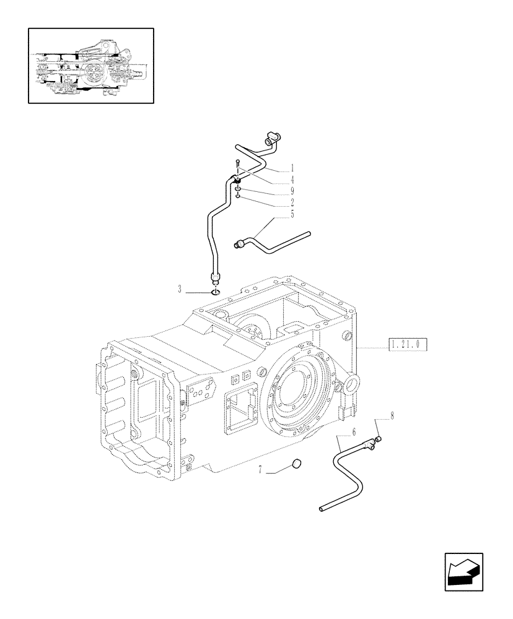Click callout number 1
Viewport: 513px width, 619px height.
click(292, 168)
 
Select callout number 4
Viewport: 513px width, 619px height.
click(292, 180)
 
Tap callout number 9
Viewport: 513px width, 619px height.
click(292, 191)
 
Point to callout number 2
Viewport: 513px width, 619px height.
click(292, 202)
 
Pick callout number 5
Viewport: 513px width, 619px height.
click(292, 214)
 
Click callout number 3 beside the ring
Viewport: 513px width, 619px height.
click(179, 289)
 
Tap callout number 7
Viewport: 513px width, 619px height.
click(261, 472)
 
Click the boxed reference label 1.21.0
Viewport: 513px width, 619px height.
click(408, 345)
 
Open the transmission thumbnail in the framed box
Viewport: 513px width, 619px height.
click(90, 66)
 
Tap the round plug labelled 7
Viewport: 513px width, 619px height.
click(296, 464)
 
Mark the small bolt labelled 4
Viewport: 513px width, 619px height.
click(237, 165)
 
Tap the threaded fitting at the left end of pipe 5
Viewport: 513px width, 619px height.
click(239, 245)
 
